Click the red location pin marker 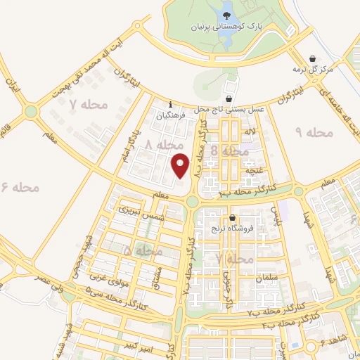(181, 165)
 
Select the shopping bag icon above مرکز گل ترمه (313, 58)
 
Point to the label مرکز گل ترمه (312, 70)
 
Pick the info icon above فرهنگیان (171, 105)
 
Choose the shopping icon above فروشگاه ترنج (232, 217)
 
